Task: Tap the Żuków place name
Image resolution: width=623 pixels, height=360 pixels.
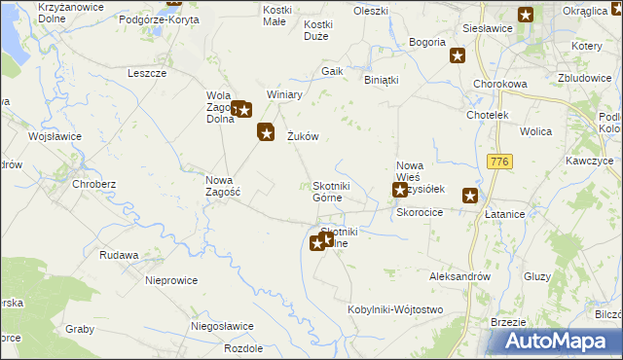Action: pyautogui.click(x=303, y=137)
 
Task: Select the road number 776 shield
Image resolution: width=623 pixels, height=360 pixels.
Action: pyautogui.click(x=501, y=161)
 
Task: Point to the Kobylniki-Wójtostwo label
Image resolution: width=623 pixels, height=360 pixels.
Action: pyautogui.click(x=395, y=309)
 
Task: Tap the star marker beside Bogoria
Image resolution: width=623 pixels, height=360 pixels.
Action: pyautogui.click(x=458, y=56)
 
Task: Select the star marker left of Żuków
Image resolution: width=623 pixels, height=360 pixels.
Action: pyautogui.click(x=266, y=132)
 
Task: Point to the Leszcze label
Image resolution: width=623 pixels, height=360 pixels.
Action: pyautogui.click(x=147, y=73)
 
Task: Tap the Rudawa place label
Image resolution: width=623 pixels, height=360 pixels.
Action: pyautogui.click(x=119, y=255)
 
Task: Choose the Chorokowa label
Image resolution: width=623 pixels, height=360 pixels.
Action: pyautogui.click(x=499, y=85)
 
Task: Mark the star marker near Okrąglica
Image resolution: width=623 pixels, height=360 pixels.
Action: pyautogui.click(x=526, y=15)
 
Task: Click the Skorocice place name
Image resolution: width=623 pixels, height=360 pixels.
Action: pyautogui.click(x=420, y=212)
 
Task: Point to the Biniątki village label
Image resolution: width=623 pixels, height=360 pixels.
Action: pyautogui.click(x=382, y=80)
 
